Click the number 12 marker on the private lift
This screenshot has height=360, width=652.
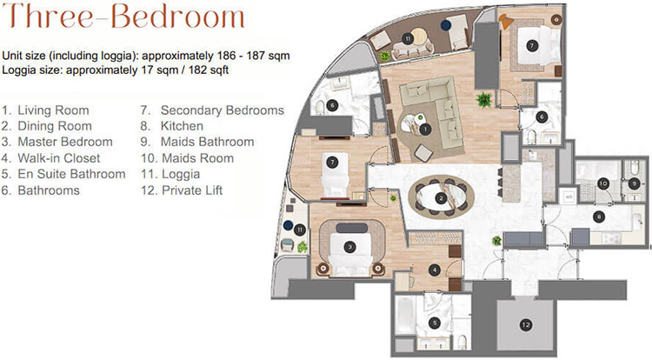(x=526, y=324)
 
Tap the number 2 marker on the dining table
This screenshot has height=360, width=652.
(x=441, y=199)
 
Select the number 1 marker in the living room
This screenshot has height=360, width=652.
(x=424, y=130)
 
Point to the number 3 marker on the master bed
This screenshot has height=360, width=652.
(x=350, y=247)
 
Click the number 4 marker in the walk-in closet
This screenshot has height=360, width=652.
(x=435, y=270)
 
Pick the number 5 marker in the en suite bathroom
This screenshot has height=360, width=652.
(x=435, y=323)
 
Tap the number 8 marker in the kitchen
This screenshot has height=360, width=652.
(x=599, y=217)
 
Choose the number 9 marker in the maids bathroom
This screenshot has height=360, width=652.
(x=634, y=183)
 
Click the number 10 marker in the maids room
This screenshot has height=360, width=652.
(x=603, y=183)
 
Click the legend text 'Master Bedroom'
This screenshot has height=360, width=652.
(x=65, y=142)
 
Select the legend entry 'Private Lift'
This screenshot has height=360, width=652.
(x=192, y=190)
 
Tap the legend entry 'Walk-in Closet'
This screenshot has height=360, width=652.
(x=58, y=158)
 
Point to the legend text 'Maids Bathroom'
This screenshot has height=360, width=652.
(x=207, y=142)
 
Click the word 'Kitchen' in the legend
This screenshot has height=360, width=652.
(x=182, y=126)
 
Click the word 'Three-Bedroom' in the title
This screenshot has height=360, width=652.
(x=123, y=17)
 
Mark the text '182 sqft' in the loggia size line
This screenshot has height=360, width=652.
(x=209, y=70)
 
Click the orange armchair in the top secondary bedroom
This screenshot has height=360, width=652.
(x=506, y=21)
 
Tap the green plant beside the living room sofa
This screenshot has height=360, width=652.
(x=484, y=100)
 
